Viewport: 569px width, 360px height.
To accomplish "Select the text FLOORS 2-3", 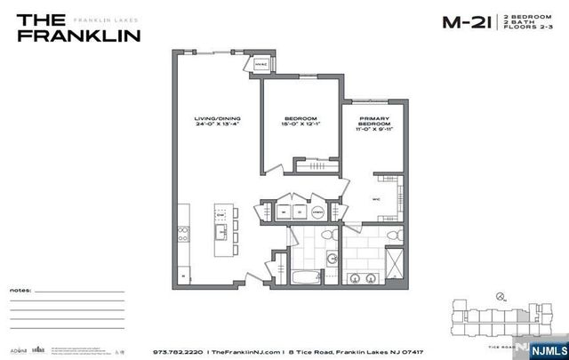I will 525,29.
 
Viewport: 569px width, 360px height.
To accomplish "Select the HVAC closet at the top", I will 262,64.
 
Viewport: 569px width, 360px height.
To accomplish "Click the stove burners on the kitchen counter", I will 183,234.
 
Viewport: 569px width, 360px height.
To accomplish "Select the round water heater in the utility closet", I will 317,212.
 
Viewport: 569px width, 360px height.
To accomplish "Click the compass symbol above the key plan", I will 501,297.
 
